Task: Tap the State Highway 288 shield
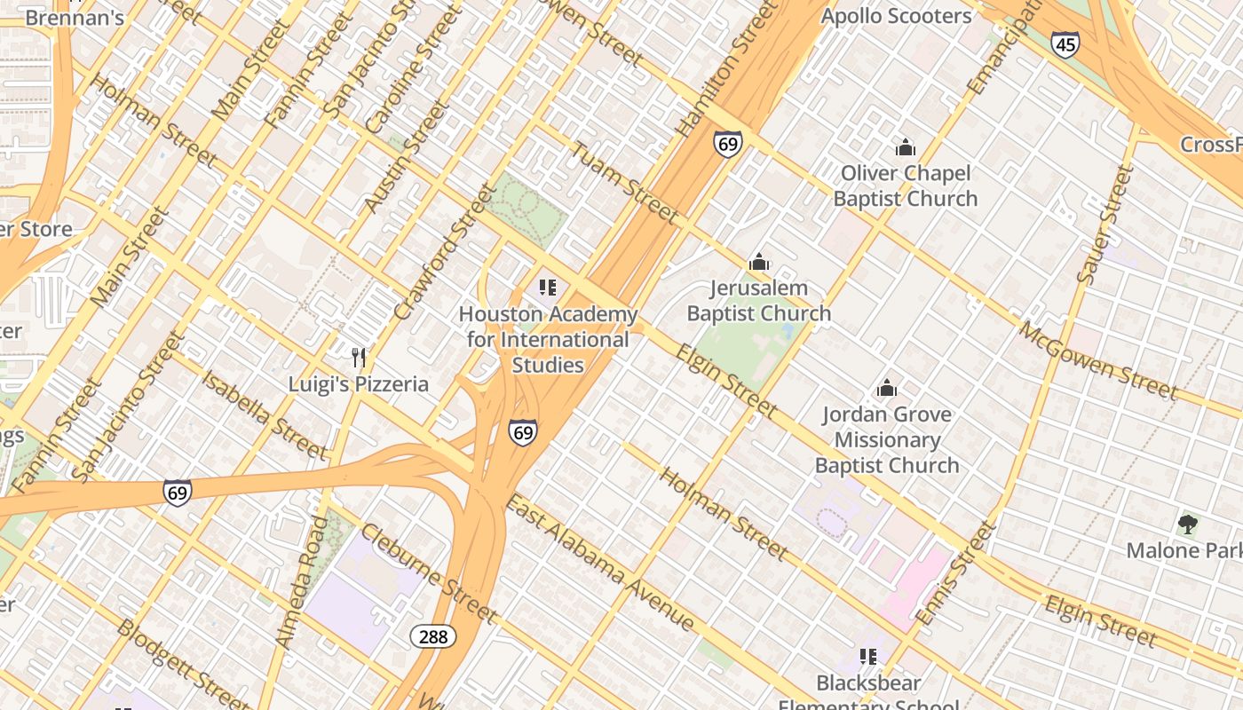433,636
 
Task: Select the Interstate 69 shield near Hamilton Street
727,144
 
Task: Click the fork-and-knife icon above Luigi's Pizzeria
359,358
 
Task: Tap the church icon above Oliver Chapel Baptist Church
906,147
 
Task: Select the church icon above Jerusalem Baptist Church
759,262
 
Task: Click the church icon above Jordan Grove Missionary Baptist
886,388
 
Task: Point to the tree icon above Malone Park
1187,524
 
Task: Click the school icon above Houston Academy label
548,288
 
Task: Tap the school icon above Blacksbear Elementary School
868,657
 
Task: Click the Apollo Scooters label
896,16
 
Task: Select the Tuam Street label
624,183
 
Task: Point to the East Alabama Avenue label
599,564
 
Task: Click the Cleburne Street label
428,573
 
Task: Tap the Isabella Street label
264,415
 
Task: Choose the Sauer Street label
1105,225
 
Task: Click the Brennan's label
74,17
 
